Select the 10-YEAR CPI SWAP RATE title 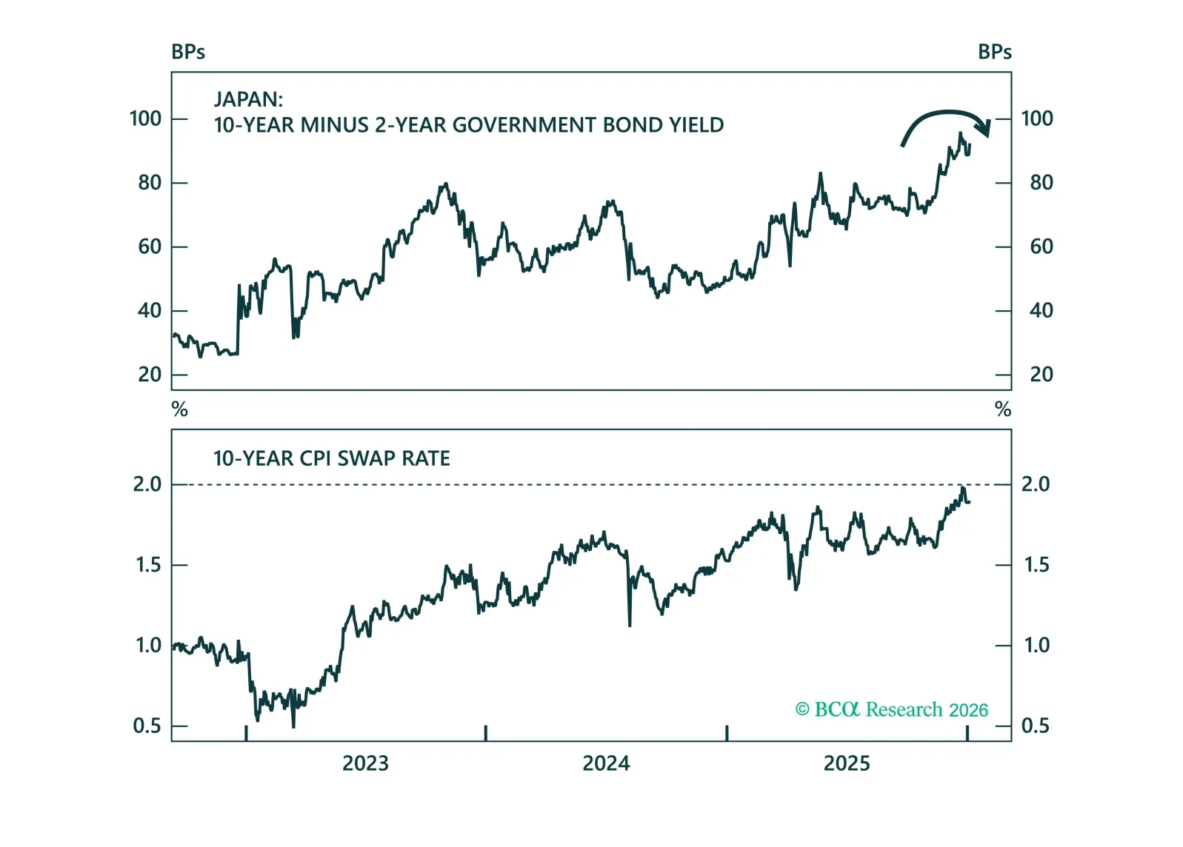click(x=331, y=458)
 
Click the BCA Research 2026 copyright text click(x=891, y=709)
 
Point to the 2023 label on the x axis click(x=365, y=763)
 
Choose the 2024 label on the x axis click(x=606, y=763)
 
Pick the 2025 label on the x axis click(x=847, y=763)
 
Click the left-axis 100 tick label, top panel click(x=145, y=118)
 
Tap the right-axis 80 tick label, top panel click(x=1041, y=182)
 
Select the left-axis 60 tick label click(x=150, y=247)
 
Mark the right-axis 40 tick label click(x=1041, y=310)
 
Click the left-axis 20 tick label click(x=150, y=375)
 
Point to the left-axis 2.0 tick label click(x=147, y=484)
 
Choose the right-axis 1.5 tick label click(x=1036, y=565)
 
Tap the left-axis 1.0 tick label click(x=148, y=646)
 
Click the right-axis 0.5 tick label click(x=1036, y=726)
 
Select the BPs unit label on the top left click(x=188, y=52)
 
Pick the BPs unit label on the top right click(x=994, y=52)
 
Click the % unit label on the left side click(x=179, y=409)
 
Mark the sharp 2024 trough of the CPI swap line click(x=630, y=625)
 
